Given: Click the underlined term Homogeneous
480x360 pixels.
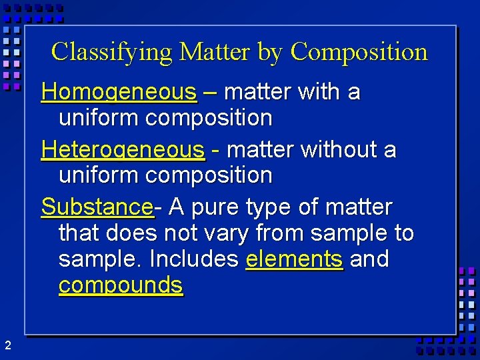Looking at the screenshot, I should click(119, 92).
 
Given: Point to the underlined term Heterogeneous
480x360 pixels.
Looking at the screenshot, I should click(123, 150).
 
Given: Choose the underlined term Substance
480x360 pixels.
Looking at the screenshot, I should click(97, 207).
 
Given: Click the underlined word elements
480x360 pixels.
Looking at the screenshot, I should click(294, 258).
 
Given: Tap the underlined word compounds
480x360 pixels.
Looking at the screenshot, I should click(120, 285).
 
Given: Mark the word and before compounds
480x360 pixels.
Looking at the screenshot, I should click(369, 258).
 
